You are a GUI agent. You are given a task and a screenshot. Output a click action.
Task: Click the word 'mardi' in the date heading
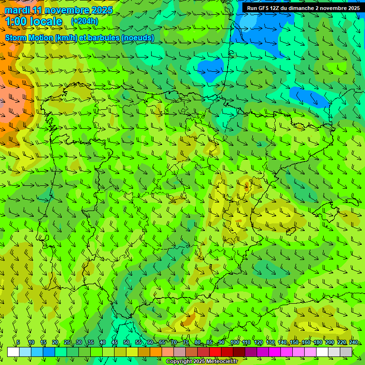pos(17,10)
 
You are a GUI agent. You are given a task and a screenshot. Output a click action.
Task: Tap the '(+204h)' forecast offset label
pos(84,21)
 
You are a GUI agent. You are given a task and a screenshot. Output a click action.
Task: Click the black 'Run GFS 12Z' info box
pos(303,8)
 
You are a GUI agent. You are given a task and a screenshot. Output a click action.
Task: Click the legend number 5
pos(18,342)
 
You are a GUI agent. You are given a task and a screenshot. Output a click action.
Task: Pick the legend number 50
pos(126,342)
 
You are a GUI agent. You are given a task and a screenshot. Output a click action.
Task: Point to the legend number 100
pos(234,342)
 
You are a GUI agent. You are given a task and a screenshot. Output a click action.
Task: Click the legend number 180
pos(318,342)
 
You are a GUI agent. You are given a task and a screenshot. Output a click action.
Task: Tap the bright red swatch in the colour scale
pos(215,352)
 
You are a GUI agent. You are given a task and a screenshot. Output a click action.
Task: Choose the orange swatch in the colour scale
pos(156,352)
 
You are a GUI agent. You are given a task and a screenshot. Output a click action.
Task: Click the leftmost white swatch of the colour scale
pos(13,352)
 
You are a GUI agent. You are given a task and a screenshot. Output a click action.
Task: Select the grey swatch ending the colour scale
pos(346,352)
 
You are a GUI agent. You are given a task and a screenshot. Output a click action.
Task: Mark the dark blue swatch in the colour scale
pos(49,352)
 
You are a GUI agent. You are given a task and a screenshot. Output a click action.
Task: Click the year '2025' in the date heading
pos(102,10)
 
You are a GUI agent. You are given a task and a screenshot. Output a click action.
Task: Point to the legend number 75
pos(186,342)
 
